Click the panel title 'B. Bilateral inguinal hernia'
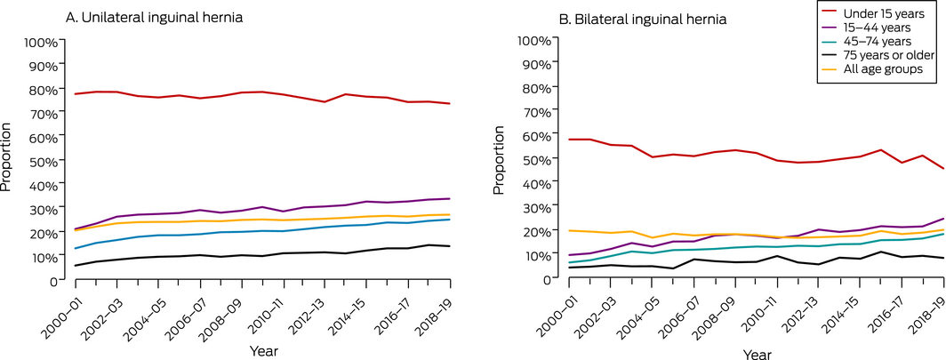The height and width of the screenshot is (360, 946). click(x=641, y=19)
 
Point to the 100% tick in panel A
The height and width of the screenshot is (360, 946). click(x=41, y=43)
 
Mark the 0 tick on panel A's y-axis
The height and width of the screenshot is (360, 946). click(x=53, y=280)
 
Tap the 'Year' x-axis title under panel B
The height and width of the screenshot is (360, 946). click(x=758, y=355)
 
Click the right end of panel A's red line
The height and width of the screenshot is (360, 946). click(x=449, y=104)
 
